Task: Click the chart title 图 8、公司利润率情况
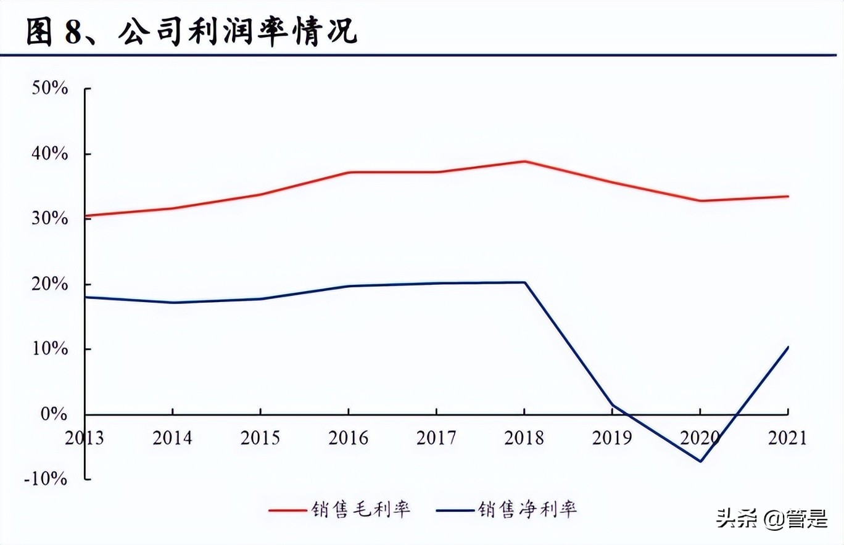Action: pos(191,32)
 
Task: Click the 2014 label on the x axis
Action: pos(173,438)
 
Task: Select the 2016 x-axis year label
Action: pos(349,438)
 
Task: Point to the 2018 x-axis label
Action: pos(524,438)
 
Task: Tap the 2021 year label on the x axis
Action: pos(787,438)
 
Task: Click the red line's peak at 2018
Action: pos(524,162)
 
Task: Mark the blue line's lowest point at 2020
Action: pos(700,461)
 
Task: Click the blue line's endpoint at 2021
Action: pos(788,347)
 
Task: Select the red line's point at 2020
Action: pos(700,200)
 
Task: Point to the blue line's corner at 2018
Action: pos(524,282)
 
